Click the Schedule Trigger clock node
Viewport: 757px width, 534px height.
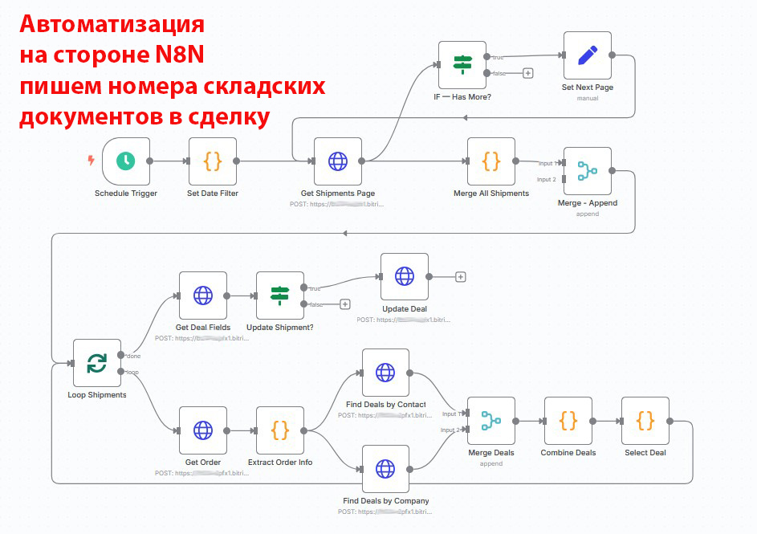pyautogui.click(x=125, y=161)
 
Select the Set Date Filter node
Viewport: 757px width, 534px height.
pyautogui.click(x=213, y=161)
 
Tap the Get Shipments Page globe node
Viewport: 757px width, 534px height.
pyautogui.click(x=338, y=161)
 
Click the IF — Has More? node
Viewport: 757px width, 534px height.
pyautogui.click(x=462, y=64)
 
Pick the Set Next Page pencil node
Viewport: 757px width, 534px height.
pyautogui.click(x=588, y=55)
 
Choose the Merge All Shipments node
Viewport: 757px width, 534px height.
pyautogui.click(x=491, y=161)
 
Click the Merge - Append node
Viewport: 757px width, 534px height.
pyautogui.click(x=588, y=170)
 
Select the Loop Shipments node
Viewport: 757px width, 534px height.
pyautogui.click(x=97, y=363)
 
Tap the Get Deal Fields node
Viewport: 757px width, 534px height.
pyautogui.click(x=203, y=295)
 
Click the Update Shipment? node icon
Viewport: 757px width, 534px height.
pyautogui.click(x=280, y=295)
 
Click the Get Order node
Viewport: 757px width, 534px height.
pyautogui.click(x=203, y=430)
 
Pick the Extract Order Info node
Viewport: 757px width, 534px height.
pyautogui.click(x=280, y=430)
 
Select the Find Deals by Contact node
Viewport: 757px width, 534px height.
pyautogui.click(x=385, y=373)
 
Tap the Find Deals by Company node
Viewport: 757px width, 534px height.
pyautogui.click(x=385, y=468)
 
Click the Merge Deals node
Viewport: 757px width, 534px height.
pyautogui.click(x=491, y=420)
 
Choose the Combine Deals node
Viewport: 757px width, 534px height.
pyautogui.click(x=568, y=420)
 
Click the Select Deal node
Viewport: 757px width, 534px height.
pyautogui.click(x=645, y=420)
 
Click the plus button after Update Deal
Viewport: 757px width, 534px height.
pyautogui.click(x=461, y=277)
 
